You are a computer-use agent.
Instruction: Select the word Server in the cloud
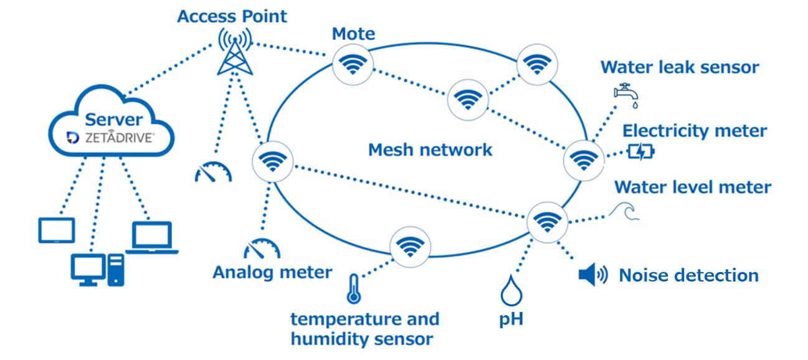point(114,119)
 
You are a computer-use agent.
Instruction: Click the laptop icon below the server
point(152,237)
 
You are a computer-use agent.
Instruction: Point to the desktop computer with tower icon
point(97,270)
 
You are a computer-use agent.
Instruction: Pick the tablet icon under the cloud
point(56,230)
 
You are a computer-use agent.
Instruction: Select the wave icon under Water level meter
point(624,212)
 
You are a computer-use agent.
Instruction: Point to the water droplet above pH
point(511,291)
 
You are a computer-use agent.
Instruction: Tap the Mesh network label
point(430,150)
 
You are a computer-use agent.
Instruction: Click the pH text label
point(511,320)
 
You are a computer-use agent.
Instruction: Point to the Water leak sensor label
point(679,67)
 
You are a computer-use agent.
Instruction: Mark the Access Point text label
point(232,16)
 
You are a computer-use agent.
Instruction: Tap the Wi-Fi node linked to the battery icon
point(583,160)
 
